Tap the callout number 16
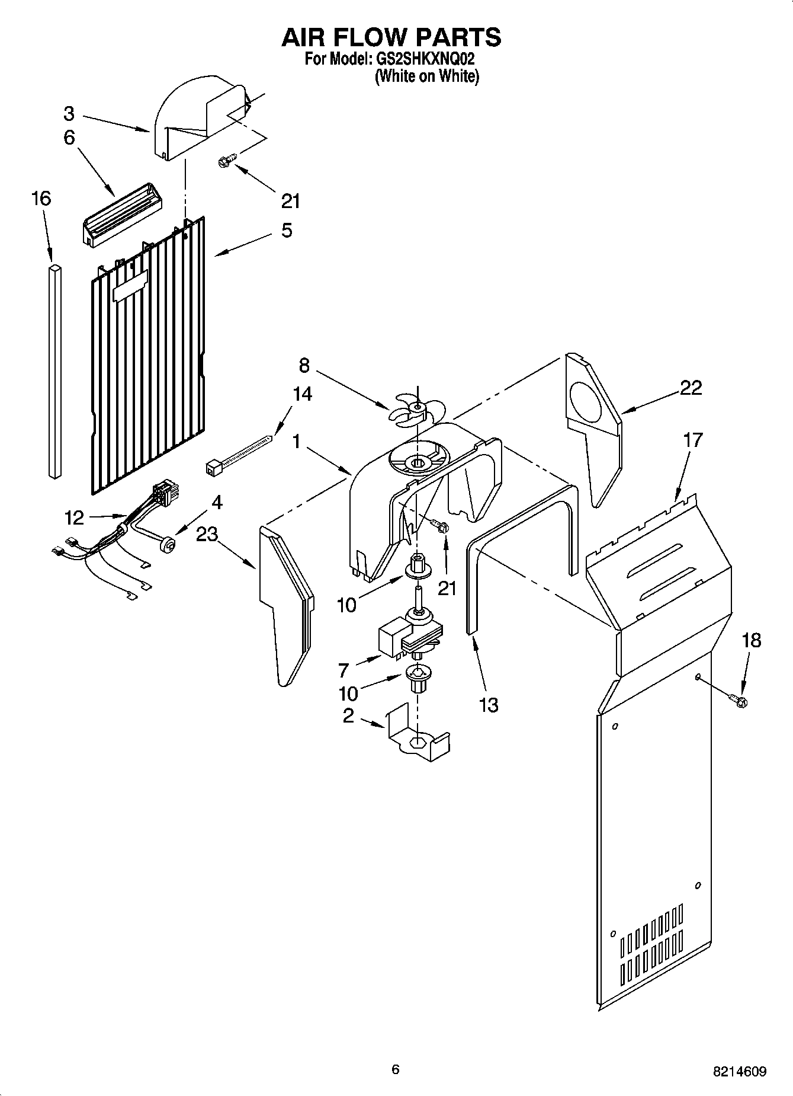(41, 199)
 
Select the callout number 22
(691, 388)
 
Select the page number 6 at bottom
(396, 1069)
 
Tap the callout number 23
(207, 535)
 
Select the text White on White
(426, 76)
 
